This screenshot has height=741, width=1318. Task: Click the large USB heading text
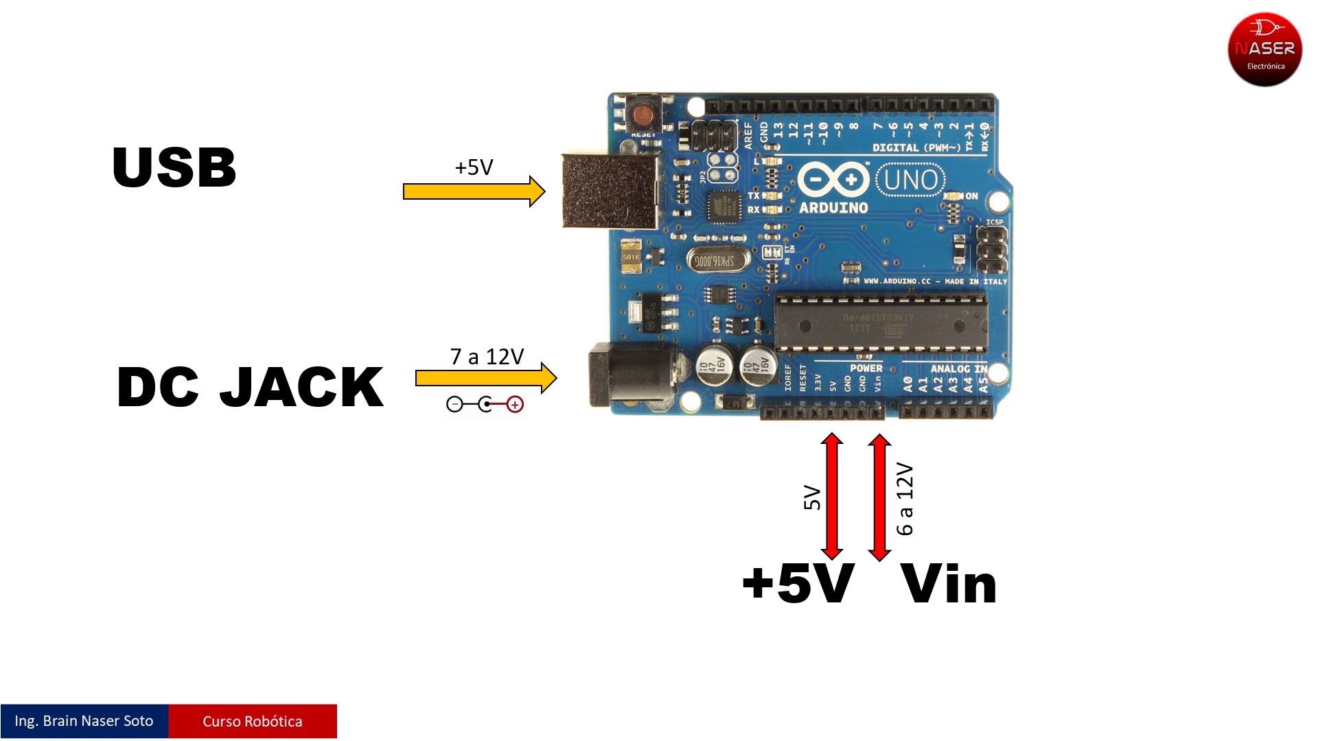[174, 167]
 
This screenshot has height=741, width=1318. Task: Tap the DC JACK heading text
[250, 387]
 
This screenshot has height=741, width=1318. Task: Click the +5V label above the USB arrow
[474, 167]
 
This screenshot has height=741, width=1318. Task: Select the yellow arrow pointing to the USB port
[474, 191]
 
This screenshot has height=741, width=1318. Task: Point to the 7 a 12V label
[487, 357]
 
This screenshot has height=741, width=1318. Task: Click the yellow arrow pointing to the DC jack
[485, 378]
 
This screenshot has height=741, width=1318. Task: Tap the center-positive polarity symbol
[485, 405]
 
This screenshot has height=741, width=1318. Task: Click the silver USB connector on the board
[609, 191]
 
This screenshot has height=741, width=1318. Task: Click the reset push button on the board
[643, 114]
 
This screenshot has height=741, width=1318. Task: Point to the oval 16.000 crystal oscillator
[715, 261]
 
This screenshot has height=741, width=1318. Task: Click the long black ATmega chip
[881, 322]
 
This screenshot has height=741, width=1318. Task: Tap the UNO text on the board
[910, 180]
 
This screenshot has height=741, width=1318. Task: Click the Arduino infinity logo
[833, 180]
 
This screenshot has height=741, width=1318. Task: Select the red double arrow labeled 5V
[832, 496]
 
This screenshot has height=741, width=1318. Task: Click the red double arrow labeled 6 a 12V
[879, 497]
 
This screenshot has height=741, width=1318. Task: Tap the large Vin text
[949, 585]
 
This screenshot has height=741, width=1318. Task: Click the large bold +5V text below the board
[798, 585]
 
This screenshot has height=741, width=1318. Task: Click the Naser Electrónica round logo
[1264, 49]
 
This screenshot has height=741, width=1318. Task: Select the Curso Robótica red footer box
[253, 721]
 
